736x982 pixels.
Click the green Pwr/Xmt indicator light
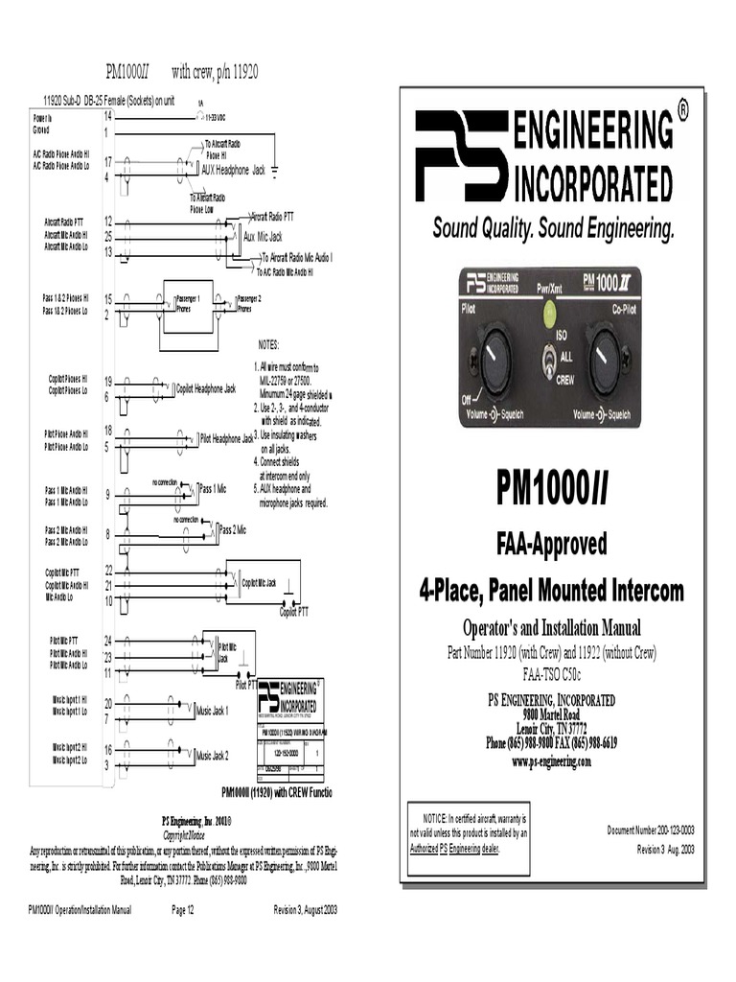pyautogui.click(x=550, y=311)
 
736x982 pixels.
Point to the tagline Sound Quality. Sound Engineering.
pyautogui.click(x=553, y=229)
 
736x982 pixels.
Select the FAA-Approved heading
pyautogui.click(x=551, y=545)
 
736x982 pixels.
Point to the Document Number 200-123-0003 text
pyautogui.click(x=651, y=830)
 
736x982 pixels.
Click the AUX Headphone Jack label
pyautogui.click(x=233, y=170)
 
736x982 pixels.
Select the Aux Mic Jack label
pyautogui.click(x=263, y=236)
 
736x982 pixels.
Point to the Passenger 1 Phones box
pyautogui.click(x=187, y=304)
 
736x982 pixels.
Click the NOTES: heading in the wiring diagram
pyautogui.click(x=268, y=344)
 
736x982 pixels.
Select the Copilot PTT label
pyautogui.click(x=294, y=610)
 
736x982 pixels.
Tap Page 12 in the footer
pyautogui.click(x=183, y=909)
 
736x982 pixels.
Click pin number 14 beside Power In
pyautogui.click(x=108, y=115)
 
